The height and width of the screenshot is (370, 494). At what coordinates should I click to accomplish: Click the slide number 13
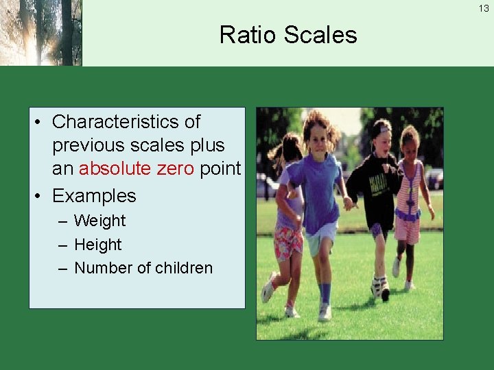tap(484, 9)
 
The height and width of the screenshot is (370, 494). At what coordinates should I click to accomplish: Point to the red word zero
tap(176, 169)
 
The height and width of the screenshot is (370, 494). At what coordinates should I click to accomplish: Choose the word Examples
tap(94, 196)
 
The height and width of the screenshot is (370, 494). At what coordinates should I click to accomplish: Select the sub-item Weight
tap(100, 221)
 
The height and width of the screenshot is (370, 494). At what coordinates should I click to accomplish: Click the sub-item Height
tap(97, 245)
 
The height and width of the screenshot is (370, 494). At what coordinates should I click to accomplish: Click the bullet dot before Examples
tap(38, 196)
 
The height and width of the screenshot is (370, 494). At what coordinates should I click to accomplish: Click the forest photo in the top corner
tap(41, 33)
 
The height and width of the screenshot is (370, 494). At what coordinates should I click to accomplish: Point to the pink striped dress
tap(409, 206)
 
